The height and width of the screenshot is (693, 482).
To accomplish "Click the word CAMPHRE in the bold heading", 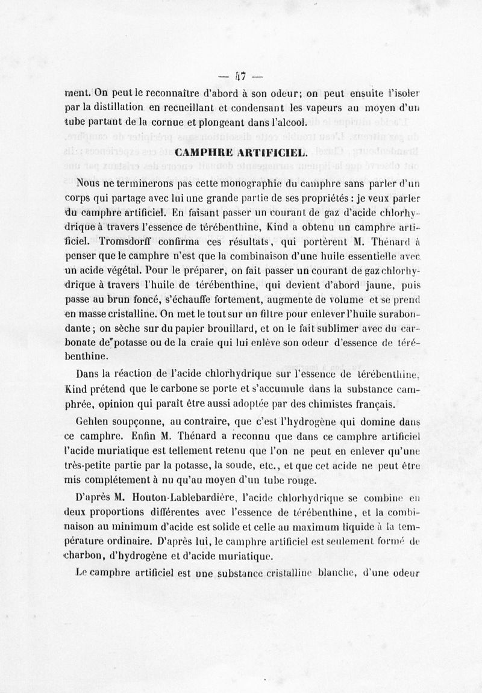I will point(199,154).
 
